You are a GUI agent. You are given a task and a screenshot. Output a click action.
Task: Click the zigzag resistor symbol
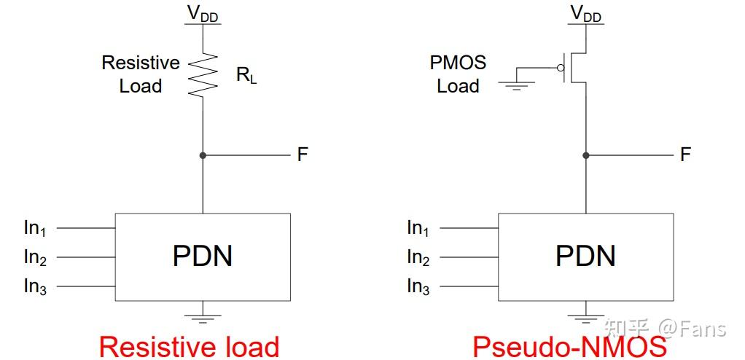203,76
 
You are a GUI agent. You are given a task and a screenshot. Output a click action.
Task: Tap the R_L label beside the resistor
246,75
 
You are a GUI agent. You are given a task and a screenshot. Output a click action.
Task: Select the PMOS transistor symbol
572,68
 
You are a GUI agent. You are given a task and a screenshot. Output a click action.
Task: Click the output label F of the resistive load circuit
303,154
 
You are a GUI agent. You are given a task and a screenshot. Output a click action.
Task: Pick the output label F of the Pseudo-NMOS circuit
685,154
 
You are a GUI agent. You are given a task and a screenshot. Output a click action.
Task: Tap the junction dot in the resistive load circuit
203,155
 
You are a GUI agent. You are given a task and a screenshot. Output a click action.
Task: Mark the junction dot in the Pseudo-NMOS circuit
585,155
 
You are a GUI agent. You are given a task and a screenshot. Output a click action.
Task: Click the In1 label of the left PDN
35,228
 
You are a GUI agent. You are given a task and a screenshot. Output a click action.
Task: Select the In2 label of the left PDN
35,257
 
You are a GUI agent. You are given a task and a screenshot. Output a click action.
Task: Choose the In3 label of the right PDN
418,286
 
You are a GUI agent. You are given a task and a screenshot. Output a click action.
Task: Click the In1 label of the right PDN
418,228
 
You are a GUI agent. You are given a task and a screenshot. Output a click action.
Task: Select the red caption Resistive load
189,346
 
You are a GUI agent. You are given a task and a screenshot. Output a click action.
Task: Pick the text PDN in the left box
203,257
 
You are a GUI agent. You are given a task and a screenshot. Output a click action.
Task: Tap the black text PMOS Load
458,74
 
